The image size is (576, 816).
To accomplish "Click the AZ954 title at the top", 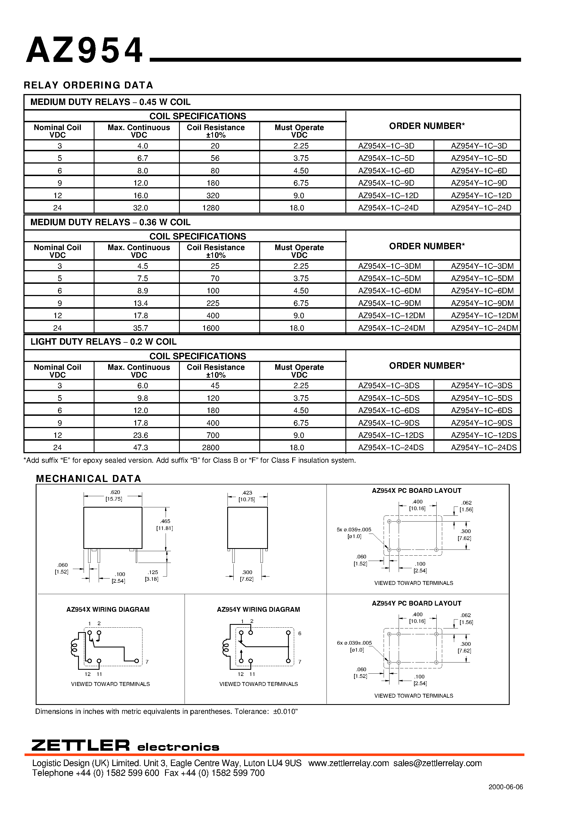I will tap(84, 51).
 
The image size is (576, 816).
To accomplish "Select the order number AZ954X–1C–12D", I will tap(388, 195).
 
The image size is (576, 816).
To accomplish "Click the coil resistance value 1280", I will tap(211, 208).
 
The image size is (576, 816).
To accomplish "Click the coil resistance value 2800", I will tap(211, 447).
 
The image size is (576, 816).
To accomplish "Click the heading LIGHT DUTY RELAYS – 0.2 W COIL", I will tap(103, 342).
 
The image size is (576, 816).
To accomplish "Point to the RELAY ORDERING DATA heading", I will tap(88, 85).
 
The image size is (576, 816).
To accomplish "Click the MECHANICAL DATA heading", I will tap(88, 479).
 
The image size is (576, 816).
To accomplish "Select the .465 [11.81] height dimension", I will tap(165, 525).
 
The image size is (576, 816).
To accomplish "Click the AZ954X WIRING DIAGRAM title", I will tap(108, 609).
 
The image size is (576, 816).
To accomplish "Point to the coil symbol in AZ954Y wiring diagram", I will tap(226, 647).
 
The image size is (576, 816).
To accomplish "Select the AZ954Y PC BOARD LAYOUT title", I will tap(416, 603).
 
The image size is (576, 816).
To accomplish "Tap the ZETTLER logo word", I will tap(81, 745).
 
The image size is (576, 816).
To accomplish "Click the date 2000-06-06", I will tap(505, 787).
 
